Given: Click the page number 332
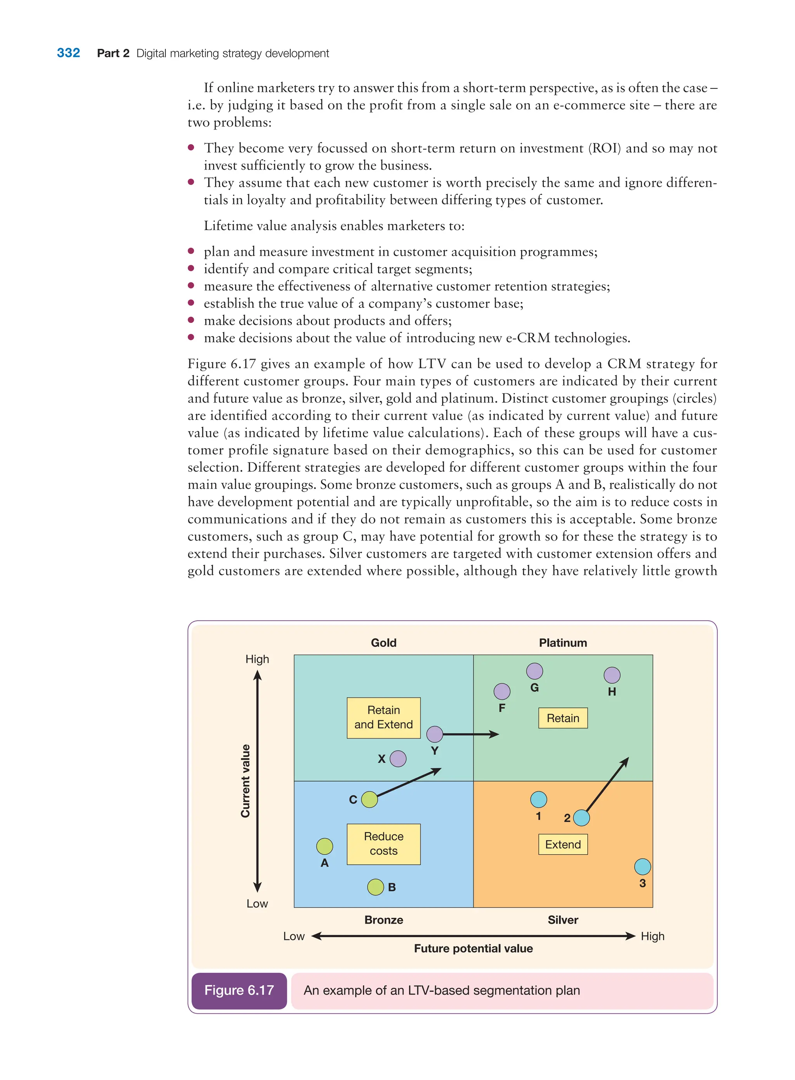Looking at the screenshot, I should coord(68,53).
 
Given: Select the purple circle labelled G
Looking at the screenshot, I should coord(534,671).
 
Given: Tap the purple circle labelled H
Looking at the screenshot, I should coord(612,675).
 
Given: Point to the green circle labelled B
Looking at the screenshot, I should coord(375,887).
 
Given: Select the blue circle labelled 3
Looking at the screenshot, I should coord(642,867).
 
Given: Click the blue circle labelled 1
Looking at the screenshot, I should coord(538,799).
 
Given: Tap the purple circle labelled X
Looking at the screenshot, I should coord(398,759).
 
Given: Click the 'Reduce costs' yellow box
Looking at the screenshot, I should coord(384,844).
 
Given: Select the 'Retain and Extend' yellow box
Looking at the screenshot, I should coord(384,717).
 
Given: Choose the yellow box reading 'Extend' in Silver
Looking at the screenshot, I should coord(562,844).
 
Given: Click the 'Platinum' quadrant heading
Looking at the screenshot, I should coord(562,643).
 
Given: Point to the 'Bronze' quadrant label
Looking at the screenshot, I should coord(384,920).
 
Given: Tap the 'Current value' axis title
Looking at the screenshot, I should coord(245,780).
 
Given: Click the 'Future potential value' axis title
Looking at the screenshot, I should coord(473,948).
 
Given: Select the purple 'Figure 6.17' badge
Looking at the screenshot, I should coord(239,990).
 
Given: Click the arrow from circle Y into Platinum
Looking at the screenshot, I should coord(470,734).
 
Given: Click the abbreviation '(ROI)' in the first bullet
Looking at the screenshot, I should coord(606,148).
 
